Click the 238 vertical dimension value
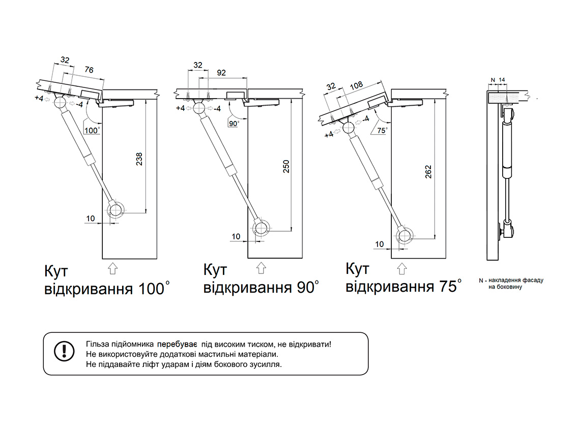tap(139, 159)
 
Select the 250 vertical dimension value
tap(286, 167)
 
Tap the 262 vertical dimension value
tap(428, 172)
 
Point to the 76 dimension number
tap(88, 71)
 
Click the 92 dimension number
tap(221, 73)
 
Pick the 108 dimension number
tap(357, 85)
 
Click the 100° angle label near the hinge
tap(91, 131)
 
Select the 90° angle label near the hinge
tap(234, 124)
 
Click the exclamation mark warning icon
tap(64, 350)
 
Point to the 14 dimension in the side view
tap(502, 80)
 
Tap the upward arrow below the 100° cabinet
tap(113, 267)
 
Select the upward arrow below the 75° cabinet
tap(402, 267)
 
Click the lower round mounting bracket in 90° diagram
tap(262, 229)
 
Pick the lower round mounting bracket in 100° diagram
tap(117, 210)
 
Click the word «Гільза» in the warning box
tap(97, 344)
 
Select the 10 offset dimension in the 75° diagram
tap(380, 244)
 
